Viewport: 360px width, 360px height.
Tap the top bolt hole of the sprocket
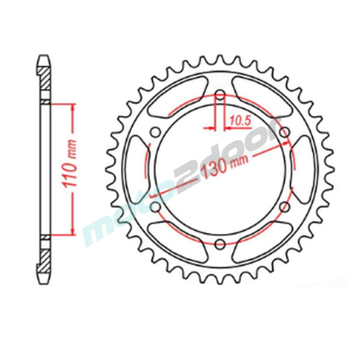point(220,95)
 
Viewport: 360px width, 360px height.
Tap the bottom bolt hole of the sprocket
point(220,243)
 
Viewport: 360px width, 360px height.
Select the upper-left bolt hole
point(156,132)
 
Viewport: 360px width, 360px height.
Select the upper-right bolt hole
point(285,132)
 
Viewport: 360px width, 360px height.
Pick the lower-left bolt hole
point(156,207)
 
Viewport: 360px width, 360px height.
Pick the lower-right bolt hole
point(285,207)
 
